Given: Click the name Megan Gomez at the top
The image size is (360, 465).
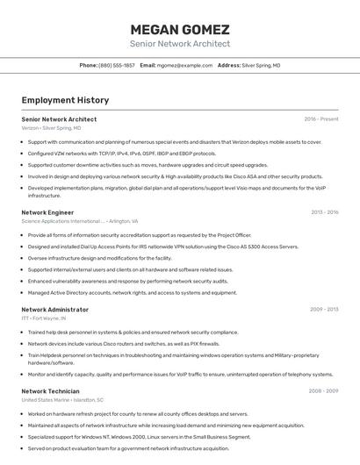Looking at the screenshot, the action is [x=180, y=29].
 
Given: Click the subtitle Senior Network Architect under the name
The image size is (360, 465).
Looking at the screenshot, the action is [x=180, y=44].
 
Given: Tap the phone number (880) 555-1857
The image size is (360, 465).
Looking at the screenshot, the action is [x=117, y=66].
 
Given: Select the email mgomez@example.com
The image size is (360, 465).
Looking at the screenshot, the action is [x=184, y=66].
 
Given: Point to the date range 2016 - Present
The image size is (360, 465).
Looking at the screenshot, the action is [x=321, y=118].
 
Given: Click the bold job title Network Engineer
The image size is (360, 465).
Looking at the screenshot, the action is [x=47, y=212].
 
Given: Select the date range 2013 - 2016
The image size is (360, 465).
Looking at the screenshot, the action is [x=324, y=212].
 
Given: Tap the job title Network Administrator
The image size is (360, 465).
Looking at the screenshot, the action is [x=54, y=310].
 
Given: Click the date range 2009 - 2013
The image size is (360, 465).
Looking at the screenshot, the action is [x=324, y=310].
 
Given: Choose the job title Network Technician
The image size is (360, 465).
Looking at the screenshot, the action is [x=50, y=390].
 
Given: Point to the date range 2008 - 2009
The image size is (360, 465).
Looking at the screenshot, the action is [x=323, y=390].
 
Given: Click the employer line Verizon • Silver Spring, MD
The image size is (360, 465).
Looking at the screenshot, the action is [x=51, y=128].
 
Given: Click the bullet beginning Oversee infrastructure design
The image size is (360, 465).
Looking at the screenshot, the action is [x=100, y=258].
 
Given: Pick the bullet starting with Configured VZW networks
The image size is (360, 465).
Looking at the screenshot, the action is [x=122, y=153].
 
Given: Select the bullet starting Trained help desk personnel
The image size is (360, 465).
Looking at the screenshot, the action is [x=133, y=333].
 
